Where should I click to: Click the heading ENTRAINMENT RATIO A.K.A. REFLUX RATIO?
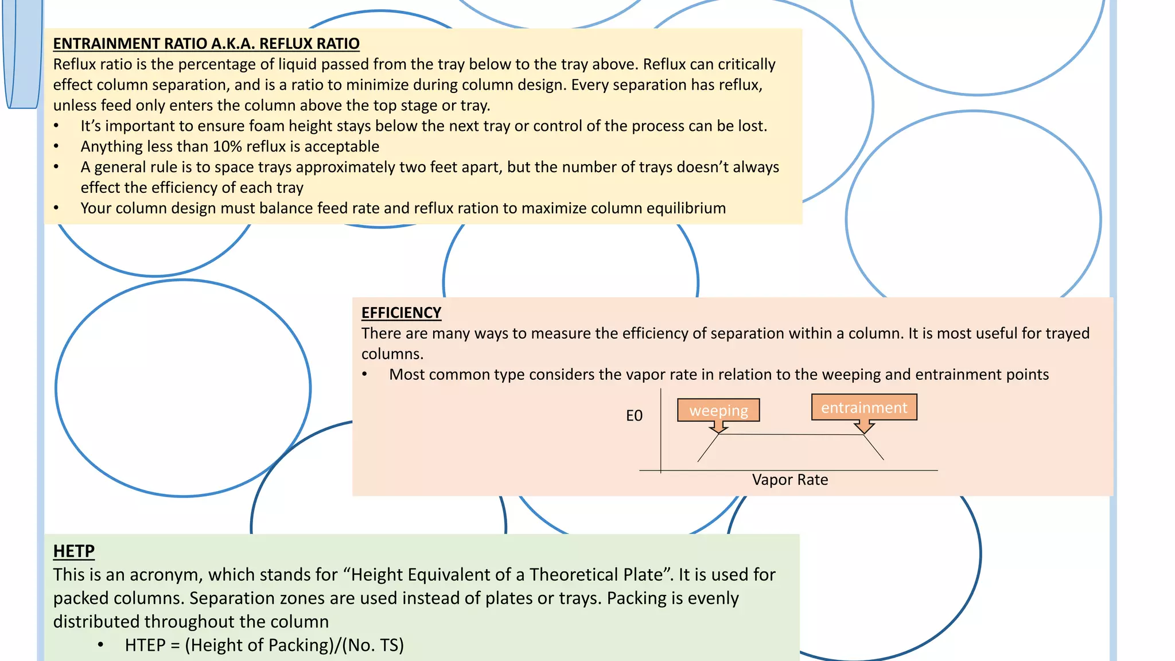[206, 44]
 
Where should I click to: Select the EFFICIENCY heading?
[401, 313]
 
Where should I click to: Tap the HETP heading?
[73, 551]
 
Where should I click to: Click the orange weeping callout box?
[718, 410]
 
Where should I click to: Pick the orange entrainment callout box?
[864, 407]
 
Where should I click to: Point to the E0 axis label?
[634, 415]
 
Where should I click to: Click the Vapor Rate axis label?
[790, 480]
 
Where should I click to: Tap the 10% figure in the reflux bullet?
[227, 146]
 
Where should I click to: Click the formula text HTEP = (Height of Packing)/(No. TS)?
[264, 645]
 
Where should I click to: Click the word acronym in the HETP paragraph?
[170, 574]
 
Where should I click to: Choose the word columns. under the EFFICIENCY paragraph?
[392, 354]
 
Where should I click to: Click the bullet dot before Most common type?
[365, 375]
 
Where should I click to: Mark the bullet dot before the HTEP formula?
[100, 645]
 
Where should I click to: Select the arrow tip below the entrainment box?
[864, 430]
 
